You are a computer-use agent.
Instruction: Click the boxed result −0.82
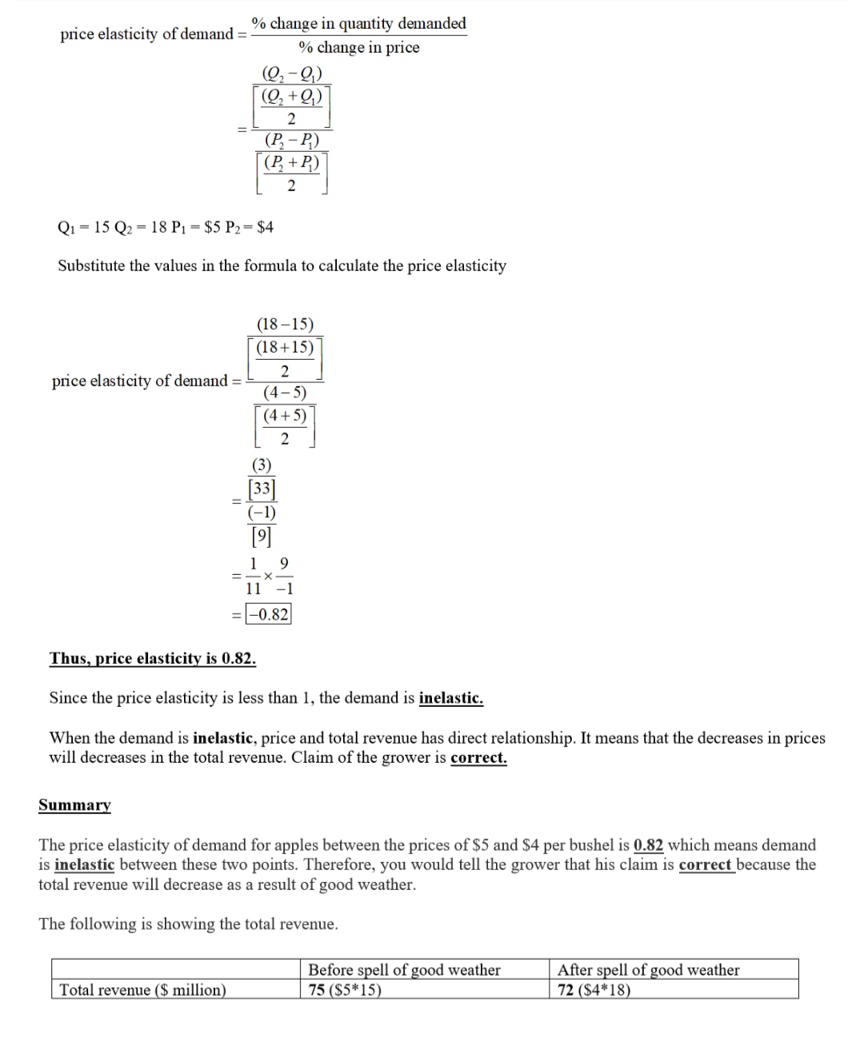click(x=269, y=614)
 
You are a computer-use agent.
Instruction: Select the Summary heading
click(x=74, y=804)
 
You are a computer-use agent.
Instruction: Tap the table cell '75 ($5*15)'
click(x=345, y=990)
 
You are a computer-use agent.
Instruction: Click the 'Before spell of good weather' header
click(x=404, y=970)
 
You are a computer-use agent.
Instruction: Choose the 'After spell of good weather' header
click(x=648, y=970)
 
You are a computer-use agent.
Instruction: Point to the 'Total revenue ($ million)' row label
click(x=142, y=990)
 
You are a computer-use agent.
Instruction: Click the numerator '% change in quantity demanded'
click(x=359, y=23)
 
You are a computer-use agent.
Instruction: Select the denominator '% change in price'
click(x=359, y=47)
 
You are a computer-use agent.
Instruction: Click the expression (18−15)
click(x=285, y=324)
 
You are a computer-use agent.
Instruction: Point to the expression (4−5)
click(x=285, y=392)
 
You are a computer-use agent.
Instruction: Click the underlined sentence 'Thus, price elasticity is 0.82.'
click(x=153, y=658)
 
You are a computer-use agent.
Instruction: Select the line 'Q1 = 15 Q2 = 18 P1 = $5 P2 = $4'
click(x=166, y=227)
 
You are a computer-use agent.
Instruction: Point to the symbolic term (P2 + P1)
click(x=292, y=163)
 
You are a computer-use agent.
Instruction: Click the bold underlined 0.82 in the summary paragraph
click(x=648, y=845)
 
